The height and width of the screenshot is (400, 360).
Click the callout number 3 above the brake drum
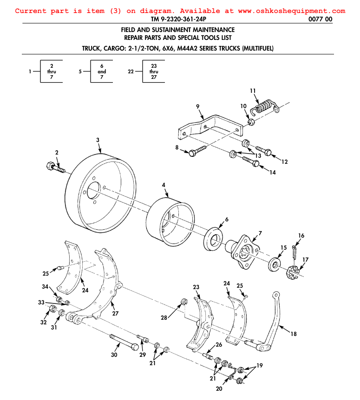(98, 139)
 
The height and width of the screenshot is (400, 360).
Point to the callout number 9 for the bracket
(198, 107)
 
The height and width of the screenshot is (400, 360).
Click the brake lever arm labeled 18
(274, 320)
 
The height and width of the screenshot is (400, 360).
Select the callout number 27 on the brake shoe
(115, 313)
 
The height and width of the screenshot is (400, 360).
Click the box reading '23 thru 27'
(154, 71)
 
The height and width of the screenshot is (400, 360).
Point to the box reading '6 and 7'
(102, 71)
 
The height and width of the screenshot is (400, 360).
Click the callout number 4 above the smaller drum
(164, 185)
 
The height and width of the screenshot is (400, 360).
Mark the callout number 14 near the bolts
(272, 172)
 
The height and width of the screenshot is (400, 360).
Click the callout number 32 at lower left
(43, 322)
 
